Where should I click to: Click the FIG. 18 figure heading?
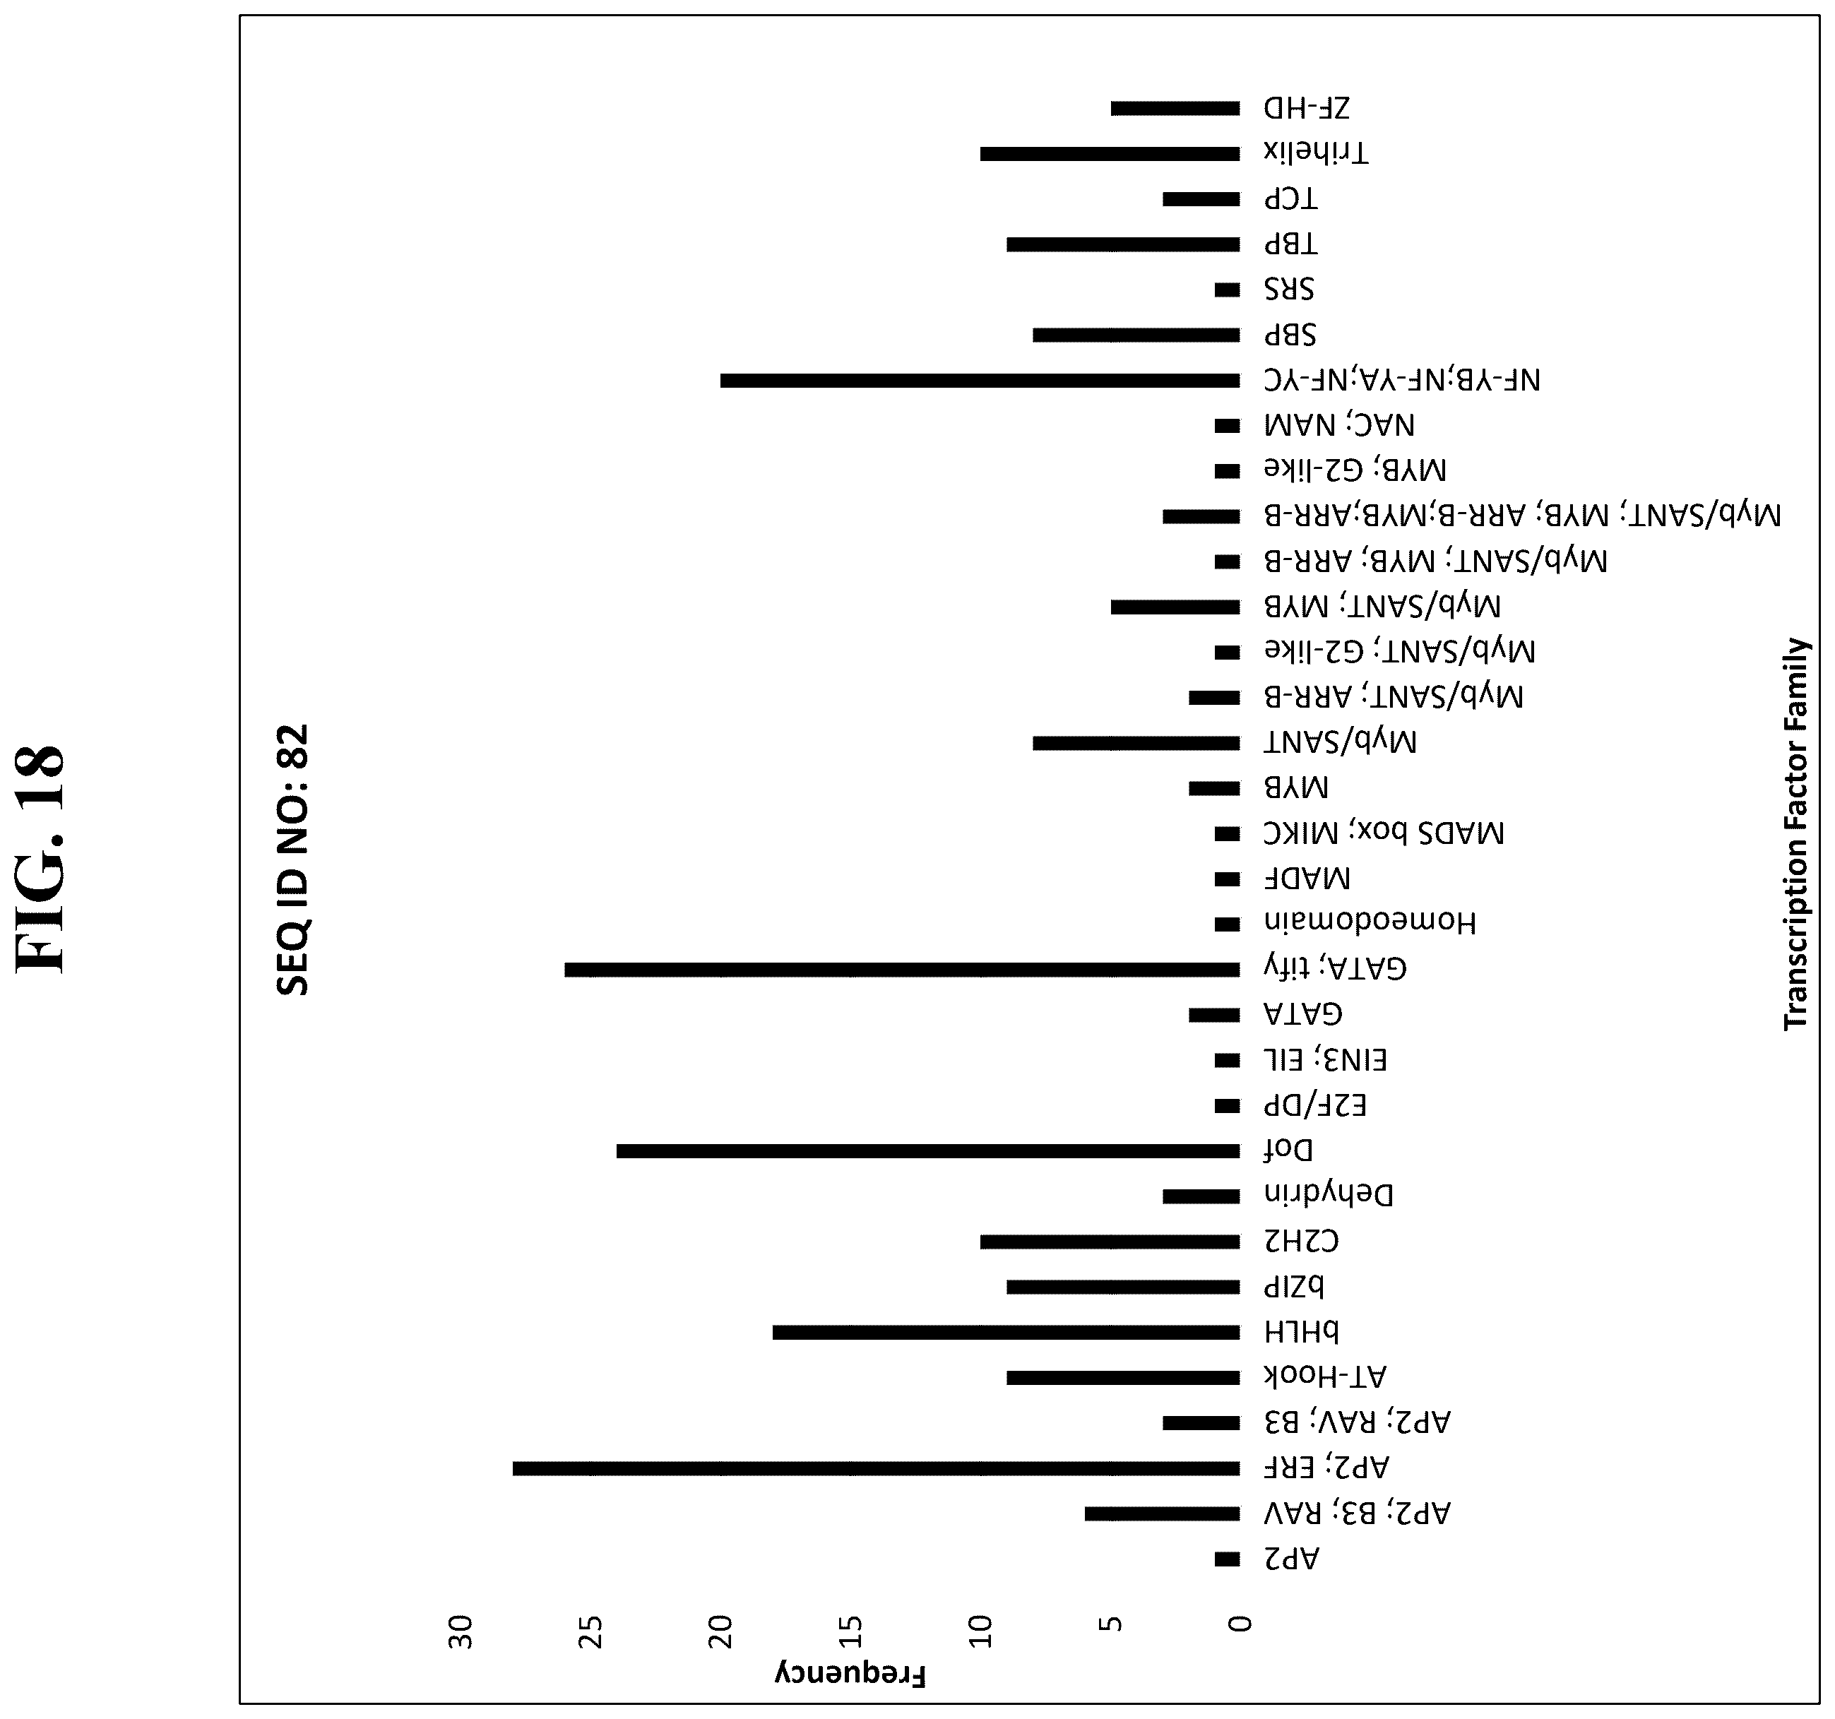click(42, 858)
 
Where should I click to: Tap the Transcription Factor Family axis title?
click(1795, 833)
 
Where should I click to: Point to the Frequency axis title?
click(849, 1675)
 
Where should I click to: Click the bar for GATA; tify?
click(902, 970)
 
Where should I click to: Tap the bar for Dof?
click(927, 1150)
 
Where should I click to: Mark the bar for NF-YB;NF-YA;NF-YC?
click(980, 380)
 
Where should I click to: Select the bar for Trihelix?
click(1110, 154)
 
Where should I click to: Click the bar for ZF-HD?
click(1175, 109)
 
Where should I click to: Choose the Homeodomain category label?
click(1370, 922)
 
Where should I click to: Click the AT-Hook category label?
click(1326, 1376)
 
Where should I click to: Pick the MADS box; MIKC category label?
click(1384, 833)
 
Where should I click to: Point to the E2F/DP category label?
click(1315, 1105)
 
